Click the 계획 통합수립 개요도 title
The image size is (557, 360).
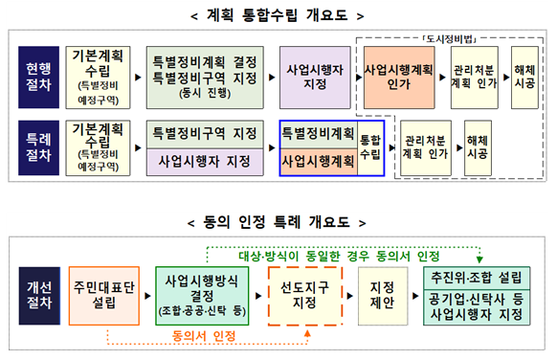tap(278, 15)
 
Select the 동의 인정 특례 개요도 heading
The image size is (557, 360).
tap(278, 221)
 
